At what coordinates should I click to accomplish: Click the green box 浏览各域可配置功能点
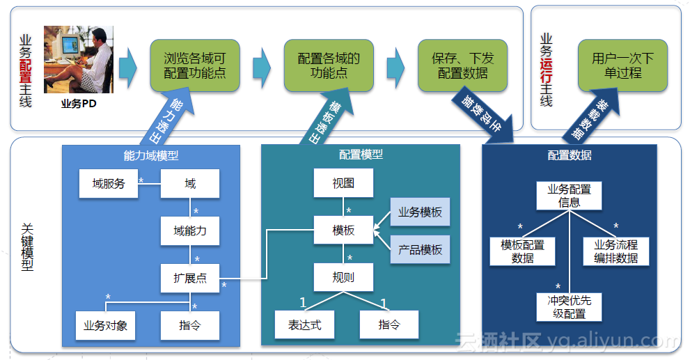pos(195,65)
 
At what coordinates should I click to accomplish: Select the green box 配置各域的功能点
pos(329,65)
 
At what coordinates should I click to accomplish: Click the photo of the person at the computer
pos(78,61)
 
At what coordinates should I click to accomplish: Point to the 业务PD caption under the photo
pos(79,104)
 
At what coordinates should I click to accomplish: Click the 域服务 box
pos(108,184)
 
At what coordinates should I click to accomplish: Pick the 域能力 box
pos(190,230)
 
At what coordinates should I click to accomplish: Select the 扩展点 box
pos(190,278)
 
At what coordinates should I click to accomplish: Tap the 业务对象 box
pos(105,325)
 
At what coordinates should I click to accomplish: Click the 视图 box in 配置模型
pos(343,183)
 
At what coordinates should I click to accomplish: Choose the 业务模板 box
pos(420,212)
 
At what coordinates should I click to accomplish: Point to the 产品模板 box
pos(420,249)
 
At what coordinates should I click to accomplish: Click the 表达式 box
pos(305,324)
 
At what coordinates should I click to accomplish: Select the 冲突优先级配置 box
pos(570,307)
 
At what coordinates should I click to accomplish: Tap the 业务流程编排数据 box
pos(615,251)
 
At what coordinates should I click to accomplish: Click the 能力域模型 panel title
pos(151,156)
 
